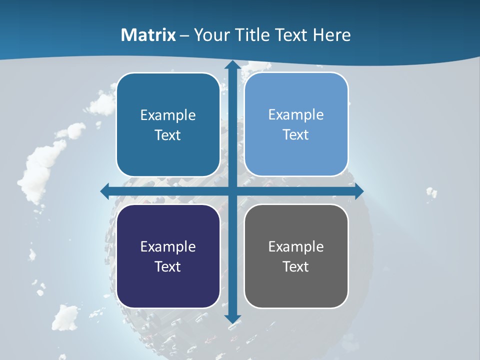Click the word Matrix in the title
[x=148, y=35]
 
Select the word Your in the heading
[x=210, y=35]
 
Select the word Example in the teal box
[x=168, y=115]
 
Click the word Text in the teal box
[x=168, y=135]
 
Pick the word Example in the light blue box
[x=296, y=115]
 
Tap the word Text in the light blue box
[x=296, y=134]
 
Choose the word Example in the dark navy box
[x=168, y=247]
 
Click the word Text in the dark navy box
[x=168, y=266]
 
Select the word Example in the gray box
[x=296, y=247]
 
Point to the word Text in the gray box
[x=296, y=266]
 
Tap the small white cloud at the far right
[x=431, y=192]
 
